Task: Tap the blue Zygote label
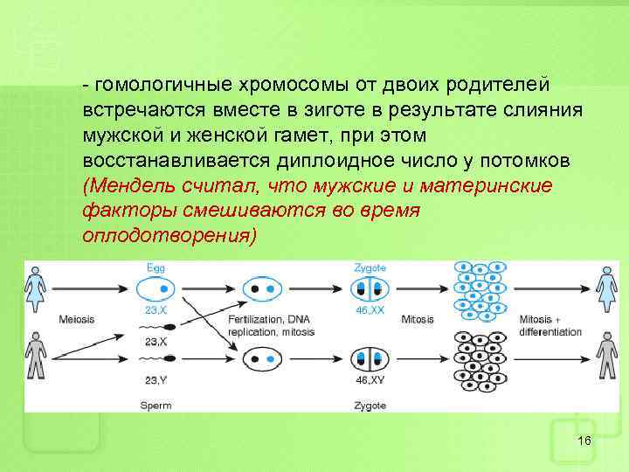coord(370,267)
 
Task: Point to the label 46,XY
coord(370,381)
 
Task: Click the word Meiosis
coord(76,319)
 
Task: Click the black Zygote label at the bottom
coord(370,405)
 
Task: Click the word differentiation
coord(550,332)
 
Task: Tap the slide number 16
coord(584,440)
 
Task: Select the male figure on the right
coord(605,357)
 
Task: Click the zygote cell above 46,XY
coord(370,358)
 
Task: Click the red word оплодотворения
coord(168,236)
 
